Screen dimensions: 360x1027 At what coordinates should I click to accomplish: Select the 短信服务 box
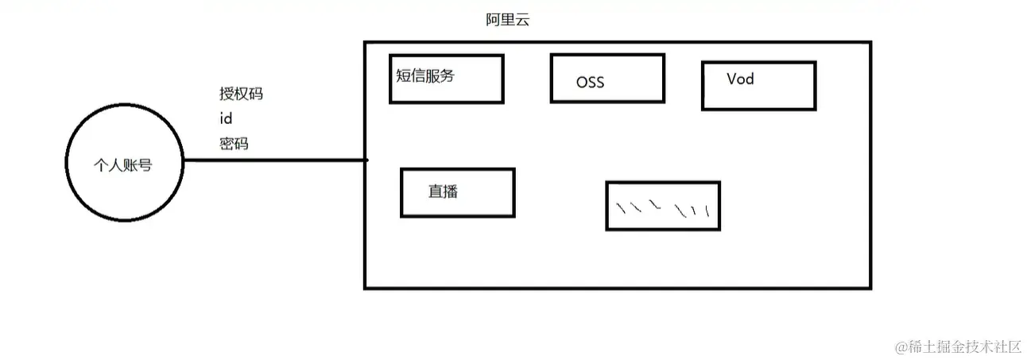tap(446, 79)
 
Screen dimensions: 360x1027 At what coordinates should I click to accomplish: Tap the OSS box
tap(607, 78)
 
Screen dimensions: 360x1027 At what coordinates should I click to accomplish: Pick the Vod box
tap(758, 86)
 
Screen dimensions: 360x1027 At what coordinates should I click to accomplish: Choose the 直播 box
tap(457, 192)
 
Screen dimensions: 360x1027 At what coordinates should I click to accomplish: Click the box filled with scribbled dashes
tap(663, 206)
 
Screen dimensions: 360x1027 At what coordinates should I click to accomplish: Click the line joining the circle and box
tap(274, 161)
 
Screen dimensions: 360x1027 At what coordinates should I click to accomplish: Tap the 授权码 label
tap(241, 94)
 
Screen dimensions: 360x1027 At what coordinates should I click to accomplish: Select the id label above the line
tap(226, 118)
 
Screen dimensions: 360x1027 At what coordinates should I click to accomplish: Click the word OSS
tap(591, 82)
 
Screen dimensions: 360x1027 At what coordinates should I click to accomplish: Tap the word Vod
tap(740, 79)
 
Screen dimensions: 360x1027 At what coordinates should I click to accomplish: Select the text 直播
tap(443, 191)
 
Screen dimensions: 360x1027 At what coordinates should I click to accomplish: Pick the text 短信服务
tap(425, 75)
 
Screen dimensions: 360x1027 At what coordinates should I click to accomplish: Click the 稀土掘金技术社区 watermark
tap(965, 346)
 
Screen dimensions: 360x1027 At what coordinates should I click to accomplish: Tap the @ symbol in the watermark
tap(901, 347)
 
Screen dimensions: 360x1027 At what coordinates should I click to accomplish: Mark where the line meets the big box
tap(366, 161)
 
